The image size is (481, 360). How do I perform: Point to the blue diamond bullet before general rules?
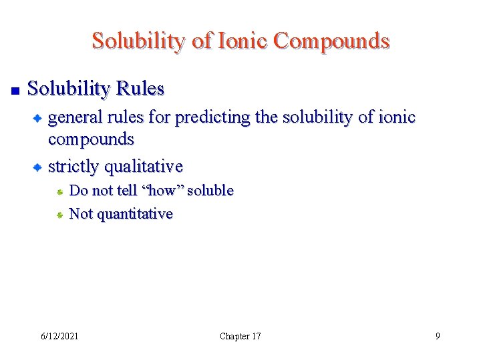39,118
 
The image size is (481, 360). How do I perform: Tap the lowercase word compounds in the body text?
91,140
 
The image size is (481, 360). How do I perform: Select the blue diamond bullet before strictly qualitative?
39,167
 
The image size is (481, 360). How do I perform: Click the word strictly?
73,166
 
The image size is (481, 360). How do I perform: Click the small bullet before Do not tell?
59,191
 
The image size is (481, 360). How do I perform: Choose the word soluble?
210,191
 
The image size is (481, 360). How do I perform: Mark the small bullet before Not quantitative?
59,215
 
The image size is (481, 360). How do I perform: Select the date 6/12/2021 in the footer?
59,336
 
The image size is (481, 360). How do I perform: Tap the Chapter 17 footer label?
240,336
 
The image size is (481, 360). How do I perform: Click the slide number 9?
438,336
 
